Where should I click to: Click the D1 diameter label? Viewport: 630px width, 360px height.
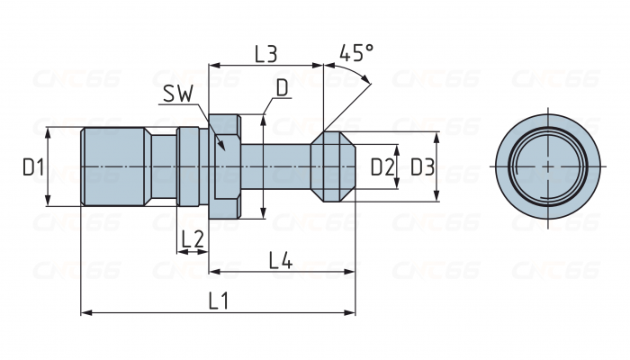click(x=33, y=166)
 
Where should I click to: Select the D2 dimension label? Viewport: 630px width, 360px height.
click(x=382, y=166)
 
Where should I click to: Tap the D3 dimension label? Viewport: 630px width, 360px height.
click(x=422, y=166)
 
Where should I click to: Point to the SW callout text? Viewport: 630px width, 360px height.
click(x=179, y=94)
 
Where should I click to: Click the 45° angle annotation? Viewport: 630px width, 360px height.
click(x=357, y=53)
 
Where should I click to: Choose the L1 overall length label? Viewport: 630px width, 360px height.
click(x=217, y=301)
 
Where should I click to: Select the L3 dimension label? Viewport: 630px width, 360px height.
click(x=265, y=53)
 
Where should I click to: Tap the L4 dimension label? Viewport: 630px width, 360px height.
click(x=281, y=261)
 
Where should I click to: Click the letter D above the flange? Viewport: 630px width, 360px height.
click(x=282, y=87)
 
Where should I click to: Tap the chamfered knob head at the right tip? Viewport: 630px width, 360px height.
click(x=333, y=166)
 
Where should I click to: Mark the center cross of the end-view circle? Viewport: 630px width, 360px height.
click(x=548, y=166)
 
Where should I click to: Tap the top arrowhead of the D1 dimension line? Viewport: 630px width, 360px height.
click(x=46, y=131)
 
